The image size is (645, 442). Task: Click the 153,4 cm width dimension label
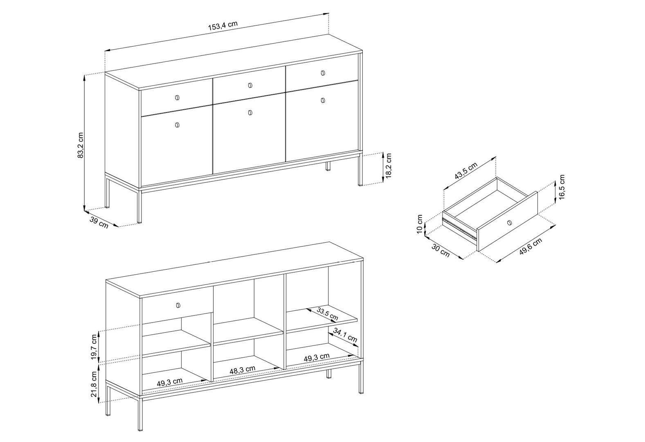[223, 26]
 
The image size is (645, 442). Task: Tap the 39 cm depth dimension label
[99, 223]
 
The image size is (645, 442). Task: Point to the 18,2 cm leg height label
[389, 166]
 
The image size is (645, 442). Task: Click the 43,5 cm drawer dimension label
[466, 171]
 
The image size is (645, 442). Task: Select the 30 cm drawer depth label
[440, 250]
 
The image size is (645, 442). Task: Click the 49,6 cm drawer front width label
[531, 246]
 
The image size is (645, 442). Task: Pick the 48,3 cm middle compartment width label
[243, 370]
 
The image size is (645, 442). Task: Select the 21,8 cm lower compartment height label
[94, 384]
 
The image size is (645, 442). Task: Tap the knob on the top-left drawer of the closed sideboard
[177, 98]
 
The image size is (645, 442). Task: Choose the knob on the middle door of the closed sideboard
[250, 113]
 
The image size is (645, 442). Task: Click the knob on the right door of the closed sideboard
[323, 100]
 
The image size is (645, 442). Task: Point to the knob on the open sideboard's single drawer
[178, 305]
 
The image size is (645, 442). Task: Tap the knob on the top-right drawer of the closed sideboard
[323, 73]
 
